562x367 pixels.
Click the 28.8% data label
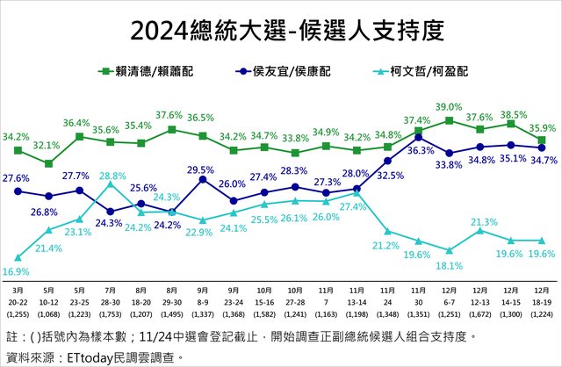tap(112, 176)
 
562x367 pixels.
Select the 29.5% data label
tap(201, 169)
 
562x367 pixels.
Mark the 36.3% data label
tap(421, 150)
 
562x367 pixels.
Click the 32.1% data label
tap(47, 145)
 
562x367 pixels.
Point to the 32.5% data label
tap(390, 176)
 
